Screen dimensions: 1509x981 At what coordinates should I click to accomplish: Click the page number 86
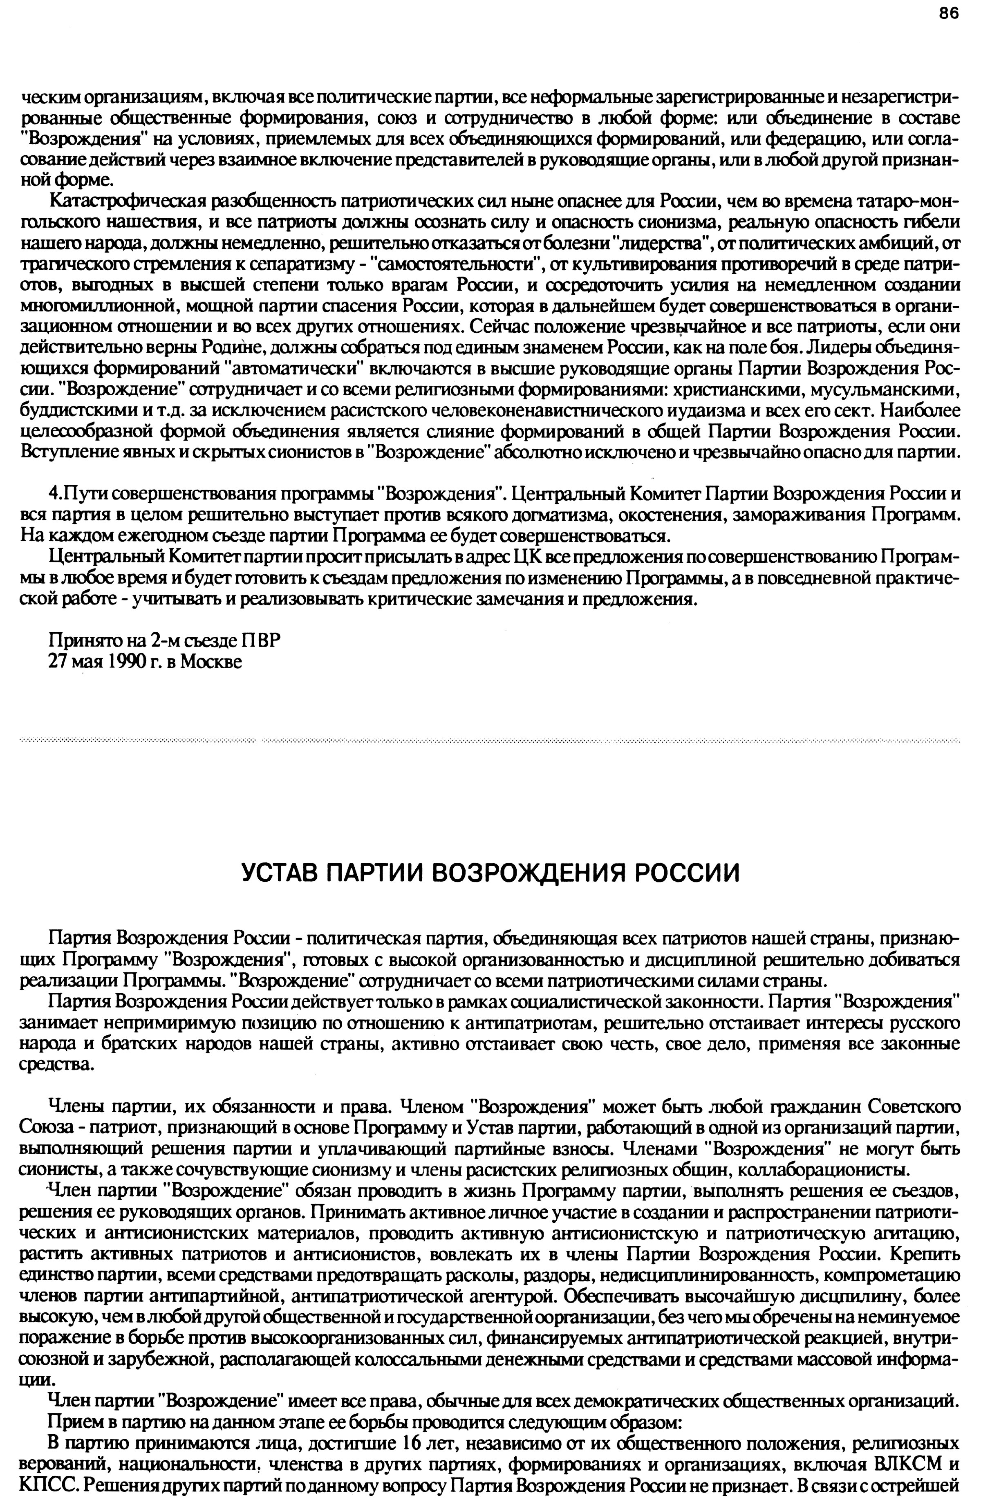(x=949, y=14)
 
